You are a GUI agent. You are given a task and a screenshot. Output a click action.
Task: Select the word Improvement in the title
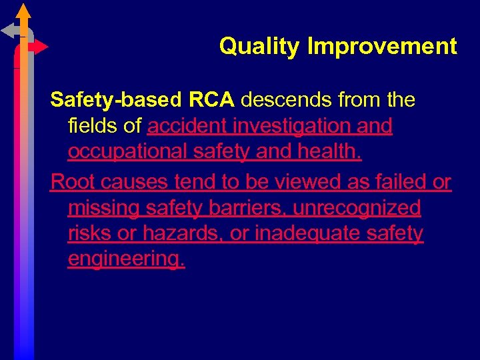(x=382, y=47)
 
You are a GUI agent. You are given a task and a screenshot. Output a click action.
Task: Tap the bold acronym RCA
(x=211, y=100)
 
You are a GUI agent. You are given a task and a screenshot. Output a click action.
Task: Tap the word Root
(x=71, y=181)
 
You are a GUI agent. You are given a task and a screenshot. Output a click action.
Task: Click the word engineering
(x=127, y=259)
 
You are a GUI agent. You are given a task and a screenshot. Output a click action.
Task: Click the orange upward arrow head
(x=23, y=11)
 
